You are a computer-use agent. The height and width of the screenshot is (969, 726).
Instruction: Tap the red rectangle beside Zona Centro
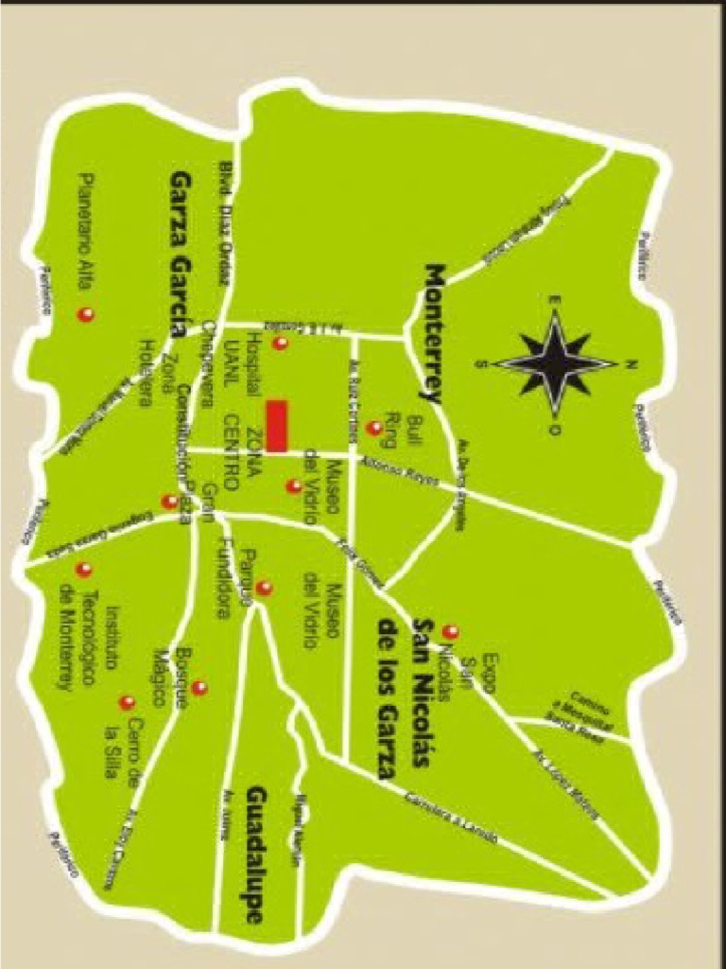pos(276,426)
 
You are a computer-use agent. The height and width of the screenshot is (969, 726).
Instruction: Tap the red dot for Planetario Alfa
pos(86,315)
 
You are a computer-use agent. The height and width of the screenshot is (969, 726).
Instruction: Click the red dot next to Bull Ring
pos(374,428)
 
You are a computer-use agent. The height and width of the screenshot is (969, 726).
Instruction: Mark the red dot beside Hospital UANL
pos(280,344)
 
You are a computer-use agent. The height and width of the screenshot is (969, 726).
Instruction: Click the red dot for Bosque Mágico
pos(199,688)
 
